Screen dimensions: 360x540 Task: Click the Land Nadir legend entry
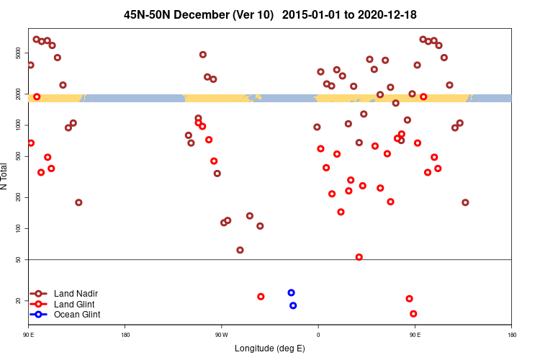[x=76, y=294]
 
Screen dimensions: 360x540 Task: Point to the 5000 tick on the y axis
[x=19, y=53]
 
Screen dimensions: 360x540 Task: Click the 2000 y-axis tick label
[x=19, y=94]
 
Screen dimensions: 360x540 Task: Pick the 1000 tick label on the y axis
[x=19, y=125]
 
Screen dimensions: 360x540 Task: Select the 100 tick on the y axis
[x=19, y=228]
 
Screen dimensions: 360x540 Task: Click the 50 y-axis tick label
[x=19, y=259]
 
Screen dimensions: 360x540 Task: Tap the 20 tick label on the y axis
[x=19, y=300]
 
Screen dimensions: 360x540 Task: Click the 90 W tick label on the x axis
[x=221, y=335]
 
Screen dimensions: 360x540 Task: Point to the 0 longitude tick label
[x=318, y=335]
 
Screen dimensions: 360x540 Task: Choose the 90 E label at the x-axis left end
[x=29, y=335]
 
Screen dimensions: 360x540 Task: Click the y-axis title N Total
[x=6, y=176]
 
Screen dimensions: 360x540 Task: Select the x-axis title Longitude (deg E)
[x=270, y=348]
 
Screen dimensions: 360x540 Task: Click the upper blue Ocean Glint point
[x=291, y=293]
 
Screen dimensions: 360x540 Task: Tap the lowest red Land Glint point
[x=413, y=314]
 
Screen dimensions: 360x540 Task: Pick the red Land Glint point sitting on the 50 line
[x=359, y=257]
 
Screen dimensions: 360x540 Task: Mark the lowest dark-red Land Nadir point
[x=240, y=251]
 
